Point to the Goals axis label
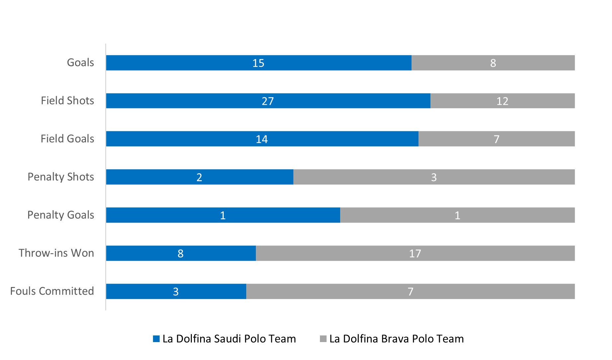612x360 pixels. (80, 63)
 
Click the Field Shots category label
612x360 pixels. (67, 101)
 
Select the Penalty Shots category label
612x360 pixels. (61, 177)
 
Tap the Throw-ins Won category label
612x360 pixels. (56, 253)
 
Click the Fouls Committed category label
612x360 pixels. (52, 291)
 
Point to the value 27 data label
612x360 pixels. (268, 101)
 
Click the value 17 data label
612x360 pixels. (415, 253)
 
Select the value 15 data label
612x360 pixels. (258, 63)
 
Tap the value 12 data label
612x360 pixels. (502, 101)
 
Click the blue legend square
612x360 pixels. (156, 339)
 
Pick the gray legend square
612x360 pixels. (323, 339)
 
